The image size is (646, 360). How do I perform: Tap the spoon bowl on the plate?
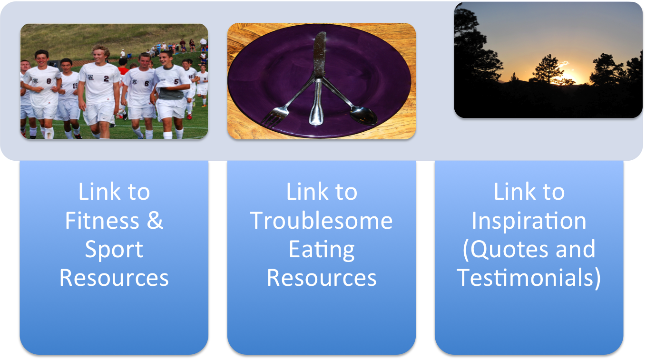(364, 115)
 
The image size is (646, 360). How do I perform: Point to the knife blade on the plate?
(320, 55)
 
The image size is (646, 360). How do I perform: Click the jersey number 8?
(49, 82)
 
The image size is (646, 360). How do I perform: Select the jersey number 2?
(107, 78)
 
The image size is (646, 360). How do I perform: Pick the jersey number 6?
(147, 84)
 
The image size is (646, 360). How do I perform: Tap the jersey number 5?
(176, 82)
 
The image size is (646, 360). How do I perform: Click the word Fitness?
(102, 221)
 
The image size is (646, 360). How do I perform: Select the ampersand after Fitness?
(155, 221)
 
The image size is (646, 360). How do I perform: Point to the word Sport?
(114, 250)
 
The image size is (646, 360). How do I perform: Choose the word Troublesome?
(321, 221)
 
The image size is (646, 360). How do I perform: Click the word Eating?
(322, 250)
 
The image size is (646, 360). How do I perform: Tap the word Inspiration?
(529, 221)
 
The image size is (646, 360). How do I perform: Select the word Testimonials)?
(529, 278)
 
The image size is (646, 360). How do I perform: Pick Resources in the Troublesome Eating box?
(322, 278)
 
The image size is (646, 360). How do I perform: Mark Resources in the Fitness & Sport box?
(114, 278)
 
